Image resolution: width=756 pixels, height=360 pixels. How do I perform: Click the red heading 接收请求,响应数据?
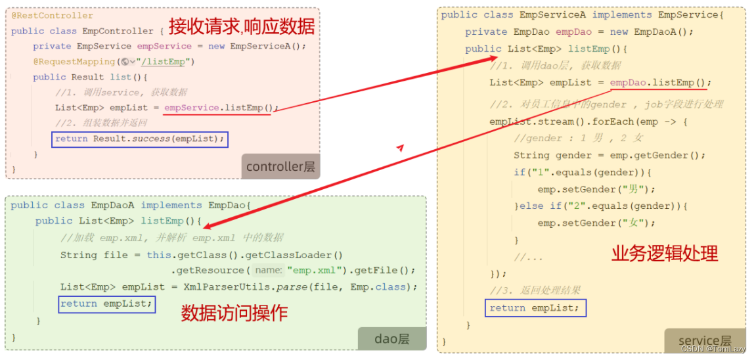(x=242, y=27)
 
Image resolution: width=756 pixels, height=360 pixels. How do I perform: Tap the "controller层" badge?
(x=280, y=167)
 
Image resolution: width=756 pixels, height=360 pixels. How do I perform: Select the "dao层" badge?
(x=392, y=338)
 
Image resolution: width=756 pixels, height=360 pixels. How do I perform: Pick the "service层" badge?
(x=704, y=340)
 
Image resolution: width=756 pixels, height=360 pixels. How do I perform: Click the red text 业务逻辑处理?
(x=665, y=254)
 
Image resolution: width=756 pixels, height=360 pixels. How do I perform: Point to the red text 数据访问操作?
(x=234, y=313)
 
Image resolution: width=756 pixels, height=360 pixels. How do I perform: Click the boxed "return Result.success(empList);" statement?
(x=140, y=139)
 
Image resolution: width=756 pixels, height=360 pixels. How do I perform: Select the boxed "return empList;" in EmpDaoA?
(x=107, y=304)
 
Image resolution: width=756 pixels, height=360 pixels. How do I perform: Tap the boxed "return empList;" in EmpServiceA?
(x=535, y=307)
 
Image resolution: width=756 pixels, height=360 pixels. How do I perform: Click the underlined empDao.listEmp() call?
(x=659, y=82)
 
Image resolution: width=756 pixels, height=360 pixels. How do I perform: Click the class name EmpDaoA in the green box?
(x=113, y=205)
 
